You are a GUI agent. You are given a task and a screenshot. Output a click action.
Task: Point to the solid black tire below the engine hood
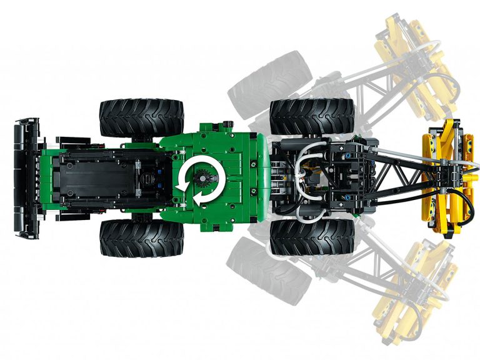click(142, 237)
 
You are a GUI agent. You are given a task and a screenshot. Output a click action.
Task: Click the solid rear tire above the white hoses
click(311, 116)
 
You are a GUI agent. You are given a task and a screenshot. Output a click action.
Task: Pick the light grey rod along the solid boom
click(400, 156)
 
